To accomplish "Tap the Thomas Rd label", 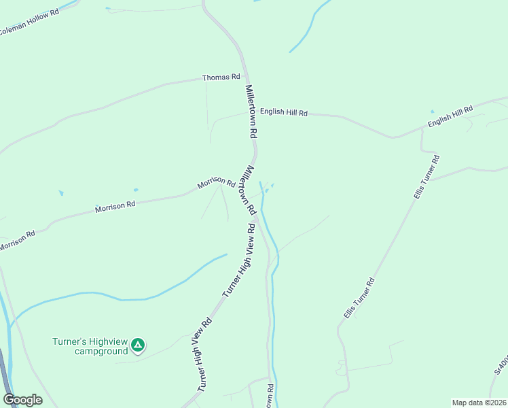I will pyautogui.click(x=221, y=78).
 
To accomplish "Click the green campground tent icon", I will pyautogui.click(x=138, y=345).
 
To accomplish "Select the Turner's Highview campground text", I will pyautogui.click(x=90, y=346).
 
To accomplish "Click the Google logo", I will pyautogui.click(x=22, y=400).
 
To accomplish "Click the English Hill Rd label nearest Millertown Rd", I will pyautogui.click(x=284, y=112).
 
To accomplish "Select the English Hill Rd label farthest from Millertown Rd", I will pyautogui.click(x=450, y=116).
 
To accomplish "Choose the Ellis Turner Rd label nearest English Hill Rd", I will pyautogui.click(x=427, y=177).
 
